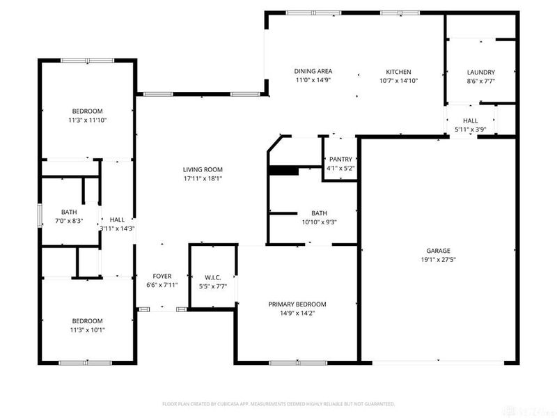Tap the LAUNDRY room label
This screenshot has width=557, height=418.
click(x=480, y=72)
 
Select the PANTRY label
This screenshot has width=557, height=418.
click(x=341, y=159)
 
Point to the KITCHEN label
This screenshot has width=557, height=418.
click(x=399, y=72)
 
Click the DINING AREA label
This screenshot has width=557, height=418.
click(x=313, y=71)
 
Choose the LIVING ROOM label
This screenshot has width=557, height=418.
click(x=203, y=169)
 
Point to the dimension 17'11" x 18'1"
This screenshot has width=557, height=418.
click(x=203, y=178)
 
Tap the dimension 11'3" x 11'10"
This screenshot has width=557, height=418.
click(x=87, y=120)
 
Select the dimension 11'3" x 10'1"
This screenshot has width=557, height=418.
click(x=87, y=330)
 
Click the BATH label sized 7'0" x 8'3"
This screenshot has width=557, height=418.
click(x=69, y=212)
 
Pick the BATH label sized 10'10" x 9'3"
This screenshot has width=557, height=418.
click(x=320, y=213)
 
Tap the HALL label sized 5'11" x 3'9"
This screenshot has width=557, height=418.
click(x=471, y=121)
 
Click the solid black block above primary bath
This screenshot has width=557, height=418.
click(x=283, y=170)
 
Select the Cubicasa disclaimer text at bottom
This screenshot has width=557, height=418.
click(x=278, y=403)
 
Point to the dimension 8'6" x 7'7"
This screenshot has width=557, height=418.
click(x=480, y=80)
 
